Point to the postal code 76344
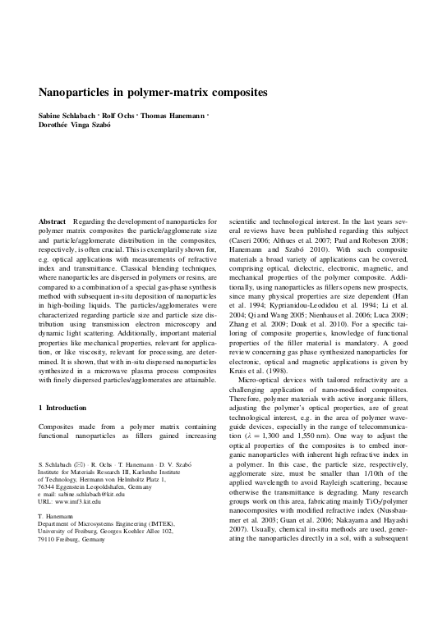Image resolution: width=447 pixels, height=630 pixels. pos(49,486)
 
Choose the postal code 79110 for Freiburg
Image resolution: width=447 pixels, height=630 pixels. pos(49,540)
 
